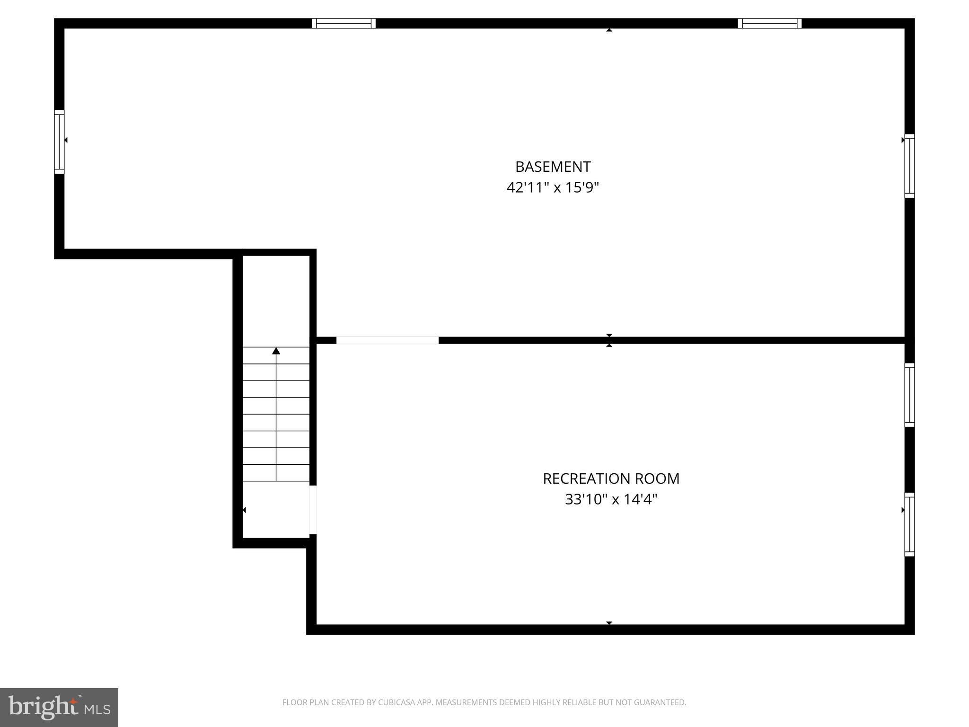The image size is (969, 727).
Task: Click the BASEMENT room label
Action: click(x=553, y=167)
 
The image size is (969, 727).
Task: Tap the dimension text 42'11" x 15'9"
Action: click(x=553, y=188)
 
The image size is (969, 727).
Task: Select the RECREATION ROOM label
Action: click(x=611, y=479)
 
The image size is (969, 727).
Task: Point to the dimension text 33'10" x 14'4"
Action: click(x=611, y=499)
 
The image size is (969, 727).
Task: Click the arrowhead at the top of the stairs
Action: click(x=276, y=351)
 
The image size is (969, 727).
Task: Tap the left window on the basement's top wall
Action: click(x=344, y=23)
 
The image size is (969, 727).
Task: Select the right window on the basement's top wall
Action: click(x=769, y=23)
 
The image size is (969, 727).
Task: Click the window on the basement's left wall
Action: click(x=59, y=142)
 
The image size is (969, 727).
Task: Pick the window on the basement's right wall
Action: click(x=909, y=166)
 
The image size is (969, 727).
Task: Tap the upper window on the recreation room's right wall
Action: click(x=909, y=395)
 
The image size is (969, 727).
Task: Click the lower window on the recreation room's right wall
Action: click(x=909, y=524)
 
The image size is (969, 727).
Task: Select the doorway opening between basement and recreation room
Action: click(x=388, y=340)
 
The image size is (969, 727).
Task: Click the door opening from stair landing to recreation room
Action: click(x=313, y=510)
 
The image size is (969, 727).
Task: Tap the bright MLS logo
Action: click(x=59, y=707)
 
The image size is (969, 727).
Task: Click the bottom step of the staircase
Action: click(x=276, y=473)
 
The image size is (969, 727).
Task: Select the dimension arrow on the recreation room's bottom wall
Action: click(x=609, y=623)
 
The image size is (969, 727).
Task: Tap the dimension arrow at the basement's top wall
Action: click(x=609, y=30)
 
